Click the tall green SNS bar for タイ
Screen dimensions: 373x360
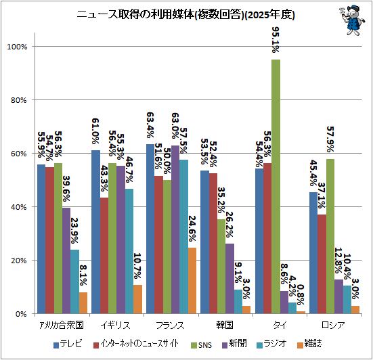276,186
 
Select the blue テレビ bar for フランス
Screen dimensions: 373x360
150,229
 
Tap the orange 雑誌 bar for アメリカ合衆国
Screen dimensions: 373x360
83,302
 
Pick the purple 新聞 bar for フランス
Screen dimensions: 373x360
175,229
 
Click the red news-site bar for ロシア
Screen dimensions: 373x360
322,264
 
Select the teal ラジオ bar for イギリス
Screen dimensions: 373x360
129,251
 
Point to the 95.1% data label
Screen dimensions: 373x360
276,39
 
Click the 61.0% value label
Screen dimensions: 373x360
95,131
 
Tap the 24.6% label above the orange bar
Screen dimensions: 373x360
192,229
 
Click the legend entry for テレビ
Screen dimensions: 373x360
68,344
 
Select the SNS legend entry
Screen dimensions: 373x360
202,345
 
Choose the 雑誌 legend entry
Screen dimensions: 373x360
309,344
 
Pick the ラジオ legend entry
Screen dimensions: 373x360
271,344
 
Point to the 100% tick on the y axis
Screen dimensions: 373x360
17,47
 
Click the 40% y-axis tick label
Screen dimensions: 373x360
18,207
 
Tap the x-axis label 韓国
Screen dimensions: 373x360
225,325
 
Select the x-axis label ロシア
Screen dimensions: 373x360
333,325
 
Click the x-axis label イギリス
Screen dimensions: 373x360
115,325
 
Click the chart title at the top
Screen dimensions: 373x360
185,14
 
